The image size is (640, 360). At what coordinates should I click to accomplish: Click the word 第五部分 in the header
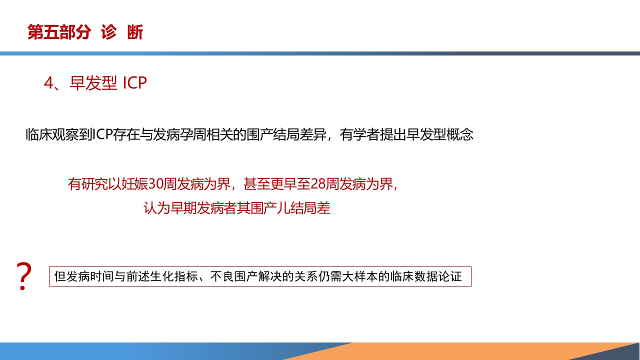[59, 32]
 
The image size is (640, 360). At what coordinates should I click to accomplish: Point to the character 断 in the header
[135, 32]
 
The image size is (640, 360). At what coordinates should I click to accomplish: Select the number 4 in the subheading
[48, 83]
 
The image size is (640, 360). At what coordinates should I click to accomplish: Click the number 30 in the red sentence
[155, 184]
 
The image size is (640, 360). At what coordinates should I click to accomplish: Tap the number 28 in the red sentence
[318, 184]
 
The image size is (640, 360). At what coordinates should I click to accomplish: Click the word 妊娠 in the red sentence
[135, 184]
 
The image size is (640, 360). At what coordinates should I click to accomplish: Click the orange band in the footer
[450, 351]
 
